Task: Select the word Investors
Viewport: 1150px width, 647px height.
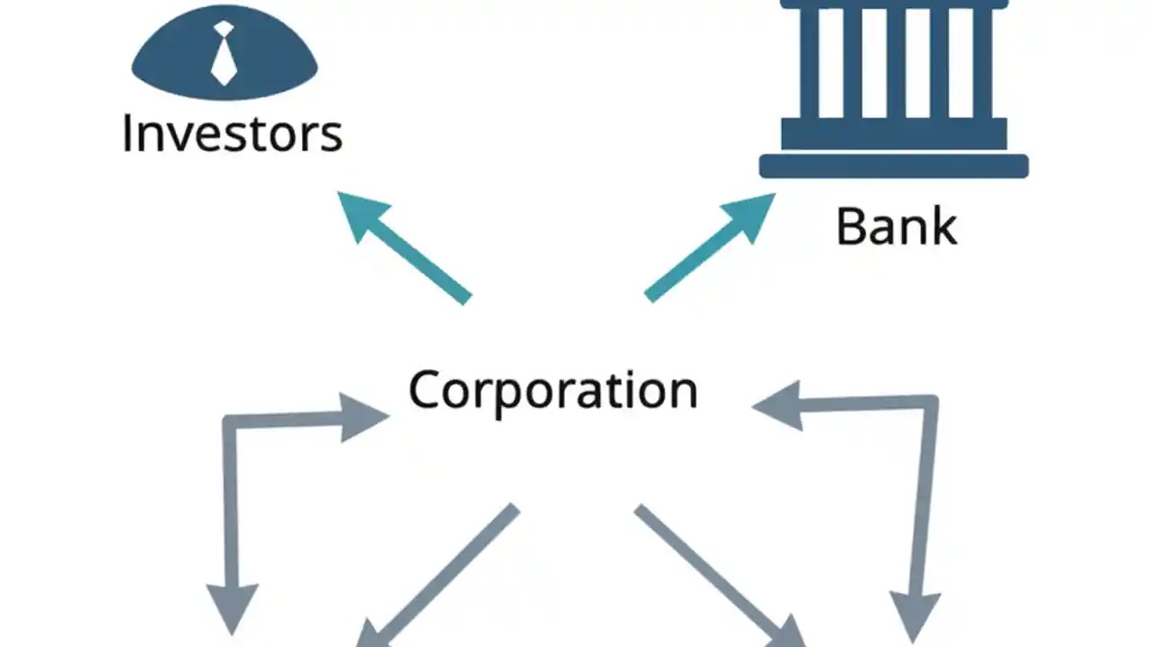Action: pos(232,133)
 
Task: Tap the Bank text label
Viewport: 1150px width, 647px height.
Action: pos(896,226)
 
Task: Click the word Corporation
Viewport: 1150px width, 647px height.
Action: pos(553,391)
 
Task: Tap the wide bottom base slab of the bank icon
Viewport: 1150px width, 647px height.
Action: pos(893,166)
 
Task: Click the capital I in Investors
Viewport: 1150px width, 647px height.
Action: pos(128,133)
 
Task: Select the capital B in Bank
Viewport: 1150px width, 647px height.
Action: pos(851,226)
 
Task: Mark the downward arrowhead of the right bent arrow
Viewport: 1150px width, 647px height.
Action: pos(915,613)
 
